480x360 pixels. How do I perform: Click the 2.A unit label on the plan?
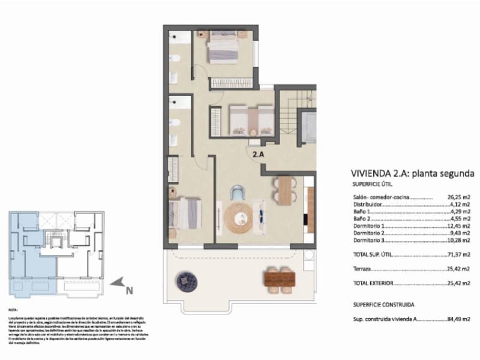(258, 154)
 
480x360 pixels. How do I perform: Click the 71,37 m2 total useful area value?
(459, 255)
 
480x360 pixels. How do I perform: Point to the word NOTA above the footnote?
(13, 311)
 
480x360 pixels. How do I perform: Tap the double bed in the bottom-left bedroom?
(184, 214)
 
